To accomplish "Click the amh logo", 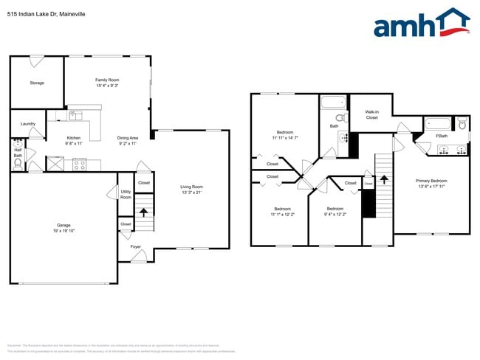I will pyautogui.click(x=421, y=24).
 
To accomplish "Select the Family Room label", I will pyautogui.click(x=107, y=80).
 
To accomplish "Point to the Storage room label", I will pyautogui.click(x=37, y=83).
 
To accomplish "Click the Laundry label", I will pyautogui.click(x=28, y=123).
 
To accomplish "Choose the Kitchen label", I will pyautogui.click(x=74, y=138).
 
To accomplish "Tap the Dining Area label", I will pyautogui.click(x=128, y=138).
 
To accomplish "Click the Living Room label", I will pyautogui.click(x=191, y=187).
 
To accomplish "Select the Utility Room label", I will pyautogui.click(x=126, y=195).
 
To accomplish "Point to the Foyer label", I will pyautogui.click(x=136, y=247).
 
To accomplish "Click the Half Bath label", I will pyautogui.click(x=18, y=153).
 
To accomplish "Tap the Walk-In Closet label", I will pyautogui.click(x=371, y=114).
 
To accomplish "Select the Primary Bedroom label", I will pyautogui.click(x=431, y=181).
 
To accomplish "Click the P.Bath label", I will pyautogui.click(x=442, y=135).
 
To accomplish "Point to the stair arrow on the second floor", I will pyautogui.click(x=383, y=179).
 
